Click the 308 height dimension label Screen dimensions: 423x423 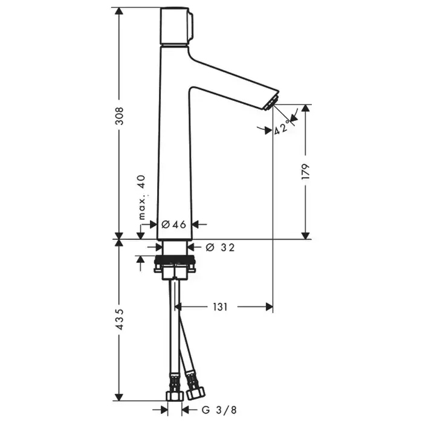119,116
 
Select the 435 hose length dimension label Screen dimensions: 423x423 119,320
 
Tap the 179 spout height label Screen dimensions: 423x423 305,172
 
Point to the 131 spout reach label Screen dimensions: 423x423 220,307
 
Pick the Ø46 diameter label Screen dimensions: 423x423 174,224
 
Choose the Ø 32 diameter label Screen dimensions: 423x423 220,247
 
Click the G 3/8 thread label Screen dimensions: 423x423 219,410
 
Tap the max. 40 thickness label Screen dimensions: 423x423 142,197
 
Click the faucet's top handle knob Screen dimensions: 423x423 176,26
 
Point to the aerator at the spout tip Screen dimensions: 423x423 271,103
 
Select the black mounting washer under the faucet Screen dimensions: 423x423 174,260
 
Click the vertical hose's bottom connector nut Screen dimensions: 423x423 175,395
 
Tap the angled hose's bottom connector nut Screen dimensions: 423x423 196,393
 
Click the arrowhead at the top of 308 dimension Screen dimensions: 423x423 119,12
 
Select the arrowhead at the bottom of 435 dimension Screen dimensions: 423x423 119,396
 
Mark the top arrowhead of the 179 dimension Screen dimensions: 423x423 305,108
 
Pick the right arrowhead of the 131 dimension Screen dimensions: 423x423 269,307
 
